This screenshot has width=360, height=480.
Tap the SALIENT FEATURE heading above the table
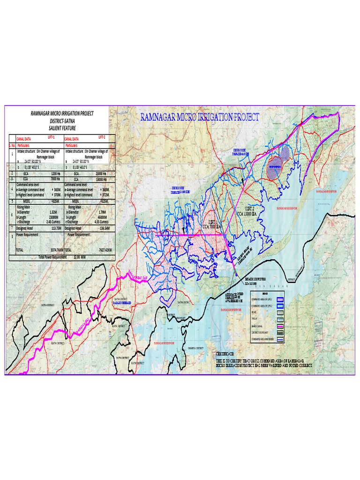point(62,128)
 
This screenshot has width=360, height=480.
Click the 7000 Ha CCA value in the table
point(55,179)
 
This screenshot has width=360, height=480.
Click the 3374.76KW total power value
point(53,250)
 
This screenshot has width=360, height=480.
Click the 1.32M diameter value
point(53,212)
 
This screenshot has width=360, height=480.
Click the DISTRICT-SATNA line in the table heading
point(62,120)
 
